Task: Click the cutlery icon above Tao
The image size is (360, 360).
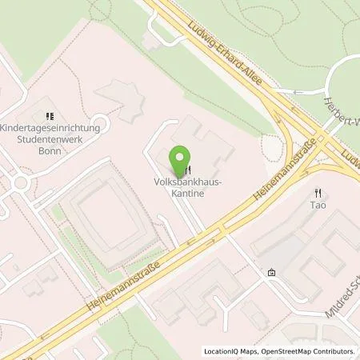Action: tap(318, 192)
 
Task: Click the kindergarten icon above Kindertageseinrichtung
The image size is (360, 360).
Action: tap(49, 115)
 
